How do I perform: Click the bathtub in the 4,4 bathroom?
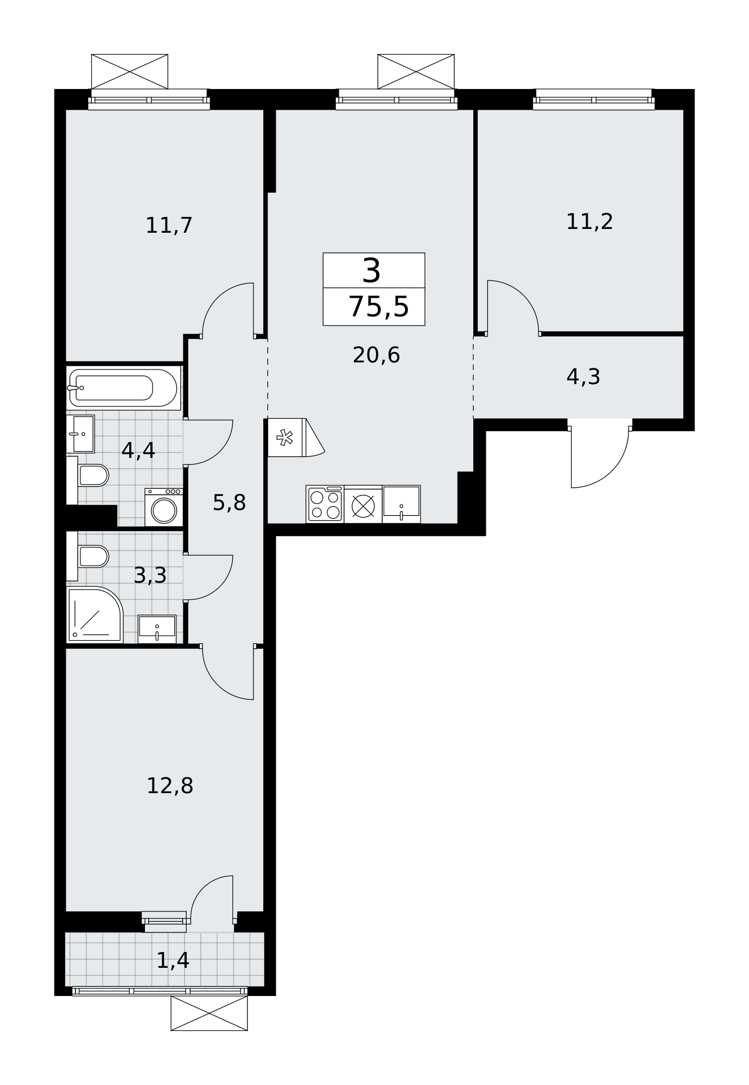tap(123, 388)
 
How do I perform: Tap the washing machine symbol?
tap(164, 507)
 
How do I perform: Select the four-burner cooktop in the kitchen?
tap(325, 505)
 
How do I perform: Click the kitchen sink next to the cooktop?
tap(401, 505)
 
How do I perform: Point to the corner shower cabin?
tap(95, 615)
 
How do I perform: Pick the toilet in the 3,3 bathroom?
tap(88, 556)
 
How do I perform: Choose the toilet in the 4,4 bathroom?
tap(88, 476)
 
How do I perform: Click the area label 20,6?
tap(376, 355)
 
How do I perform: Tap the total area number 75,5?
tap(378, 307)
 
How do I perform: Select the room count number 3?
tap(372, 271)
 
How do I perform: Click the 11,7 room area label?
tap(169, 226)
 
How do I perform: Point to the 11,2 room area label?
tap(589, 222)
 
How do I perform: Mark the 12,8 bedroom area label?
tap(170, 786)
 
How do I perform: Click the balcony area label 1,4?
tap(173, 961)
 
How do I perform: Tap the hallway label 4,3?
tap(583, 377)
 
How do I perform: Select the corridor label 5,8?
tap(229, 503)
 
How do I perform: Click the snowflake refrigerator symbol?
tap(285, 438)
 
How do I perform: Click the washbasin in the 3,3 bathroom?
tap(157, 629)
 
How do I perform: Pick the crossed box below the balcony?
tap(209, 1013)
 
